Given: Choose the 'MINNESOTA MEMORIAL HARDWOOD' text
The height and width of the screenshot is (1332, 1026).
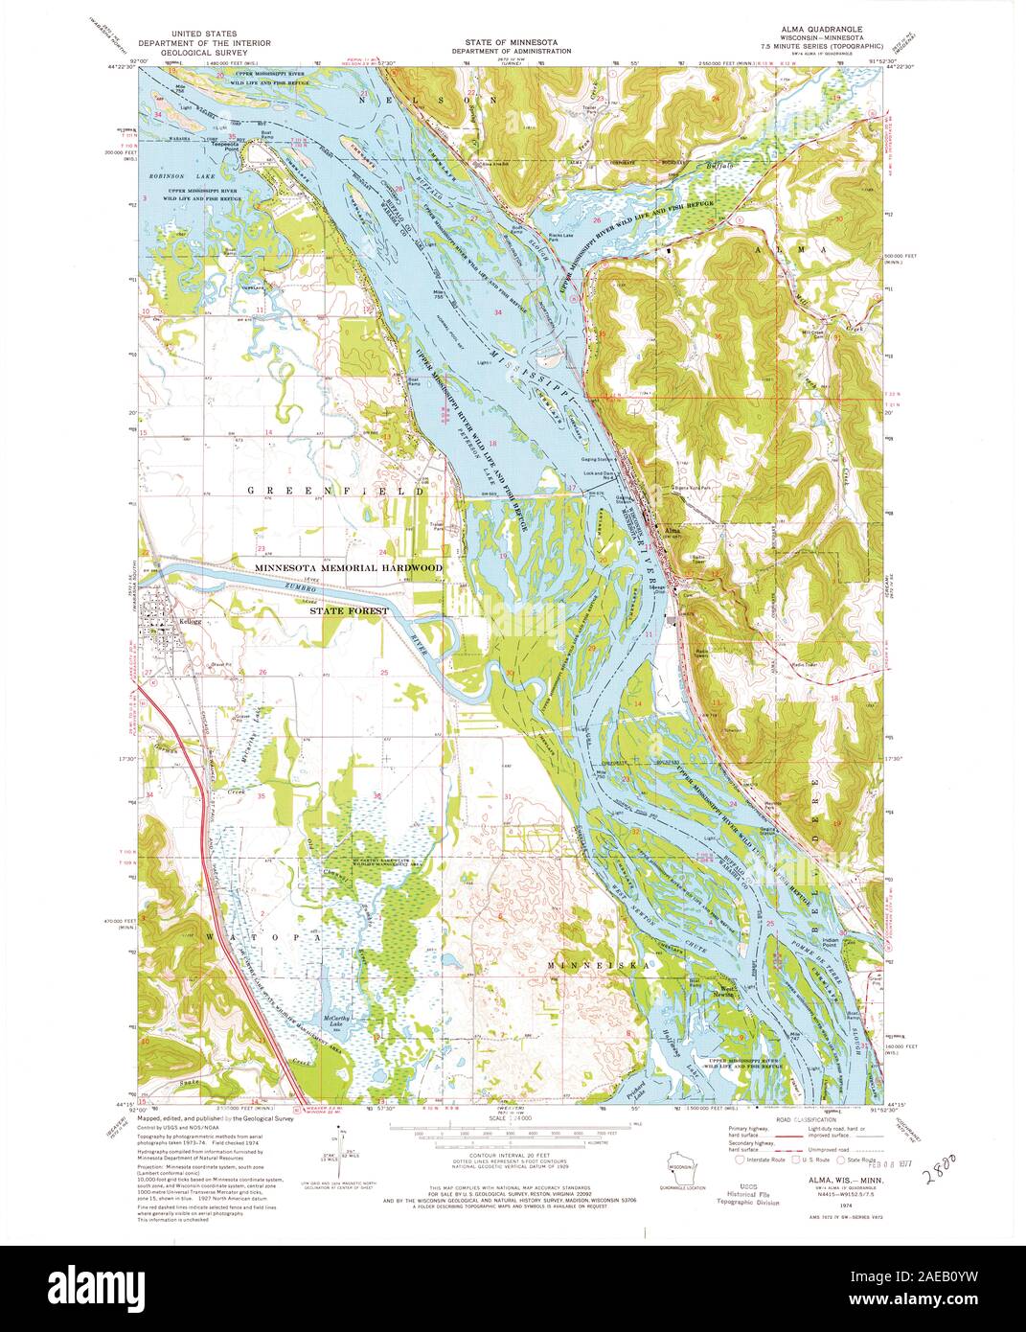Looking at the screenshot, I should pyautogui.click(x=349, y=568).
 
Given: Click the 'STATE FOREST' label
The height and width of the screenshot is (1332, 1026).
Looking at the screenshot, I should pyautogui.click(x=349, y=609).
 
